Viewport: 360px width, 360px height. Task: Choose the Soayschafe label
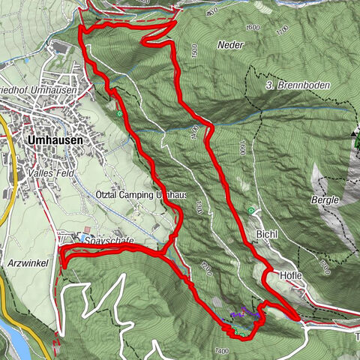click(109, 240)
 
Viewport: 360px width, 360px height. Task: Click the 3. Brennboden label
click(298, 86)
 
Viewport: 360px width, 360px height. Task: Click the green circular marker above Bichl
click(251, 211)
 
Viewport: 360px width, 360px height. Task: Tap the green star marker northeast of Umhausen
click(119, 114)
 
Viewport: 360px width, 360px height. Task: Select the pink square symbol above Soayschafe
click(86, 229)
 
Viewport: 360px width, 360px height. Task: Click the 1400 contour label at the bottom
click(220, 351)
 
